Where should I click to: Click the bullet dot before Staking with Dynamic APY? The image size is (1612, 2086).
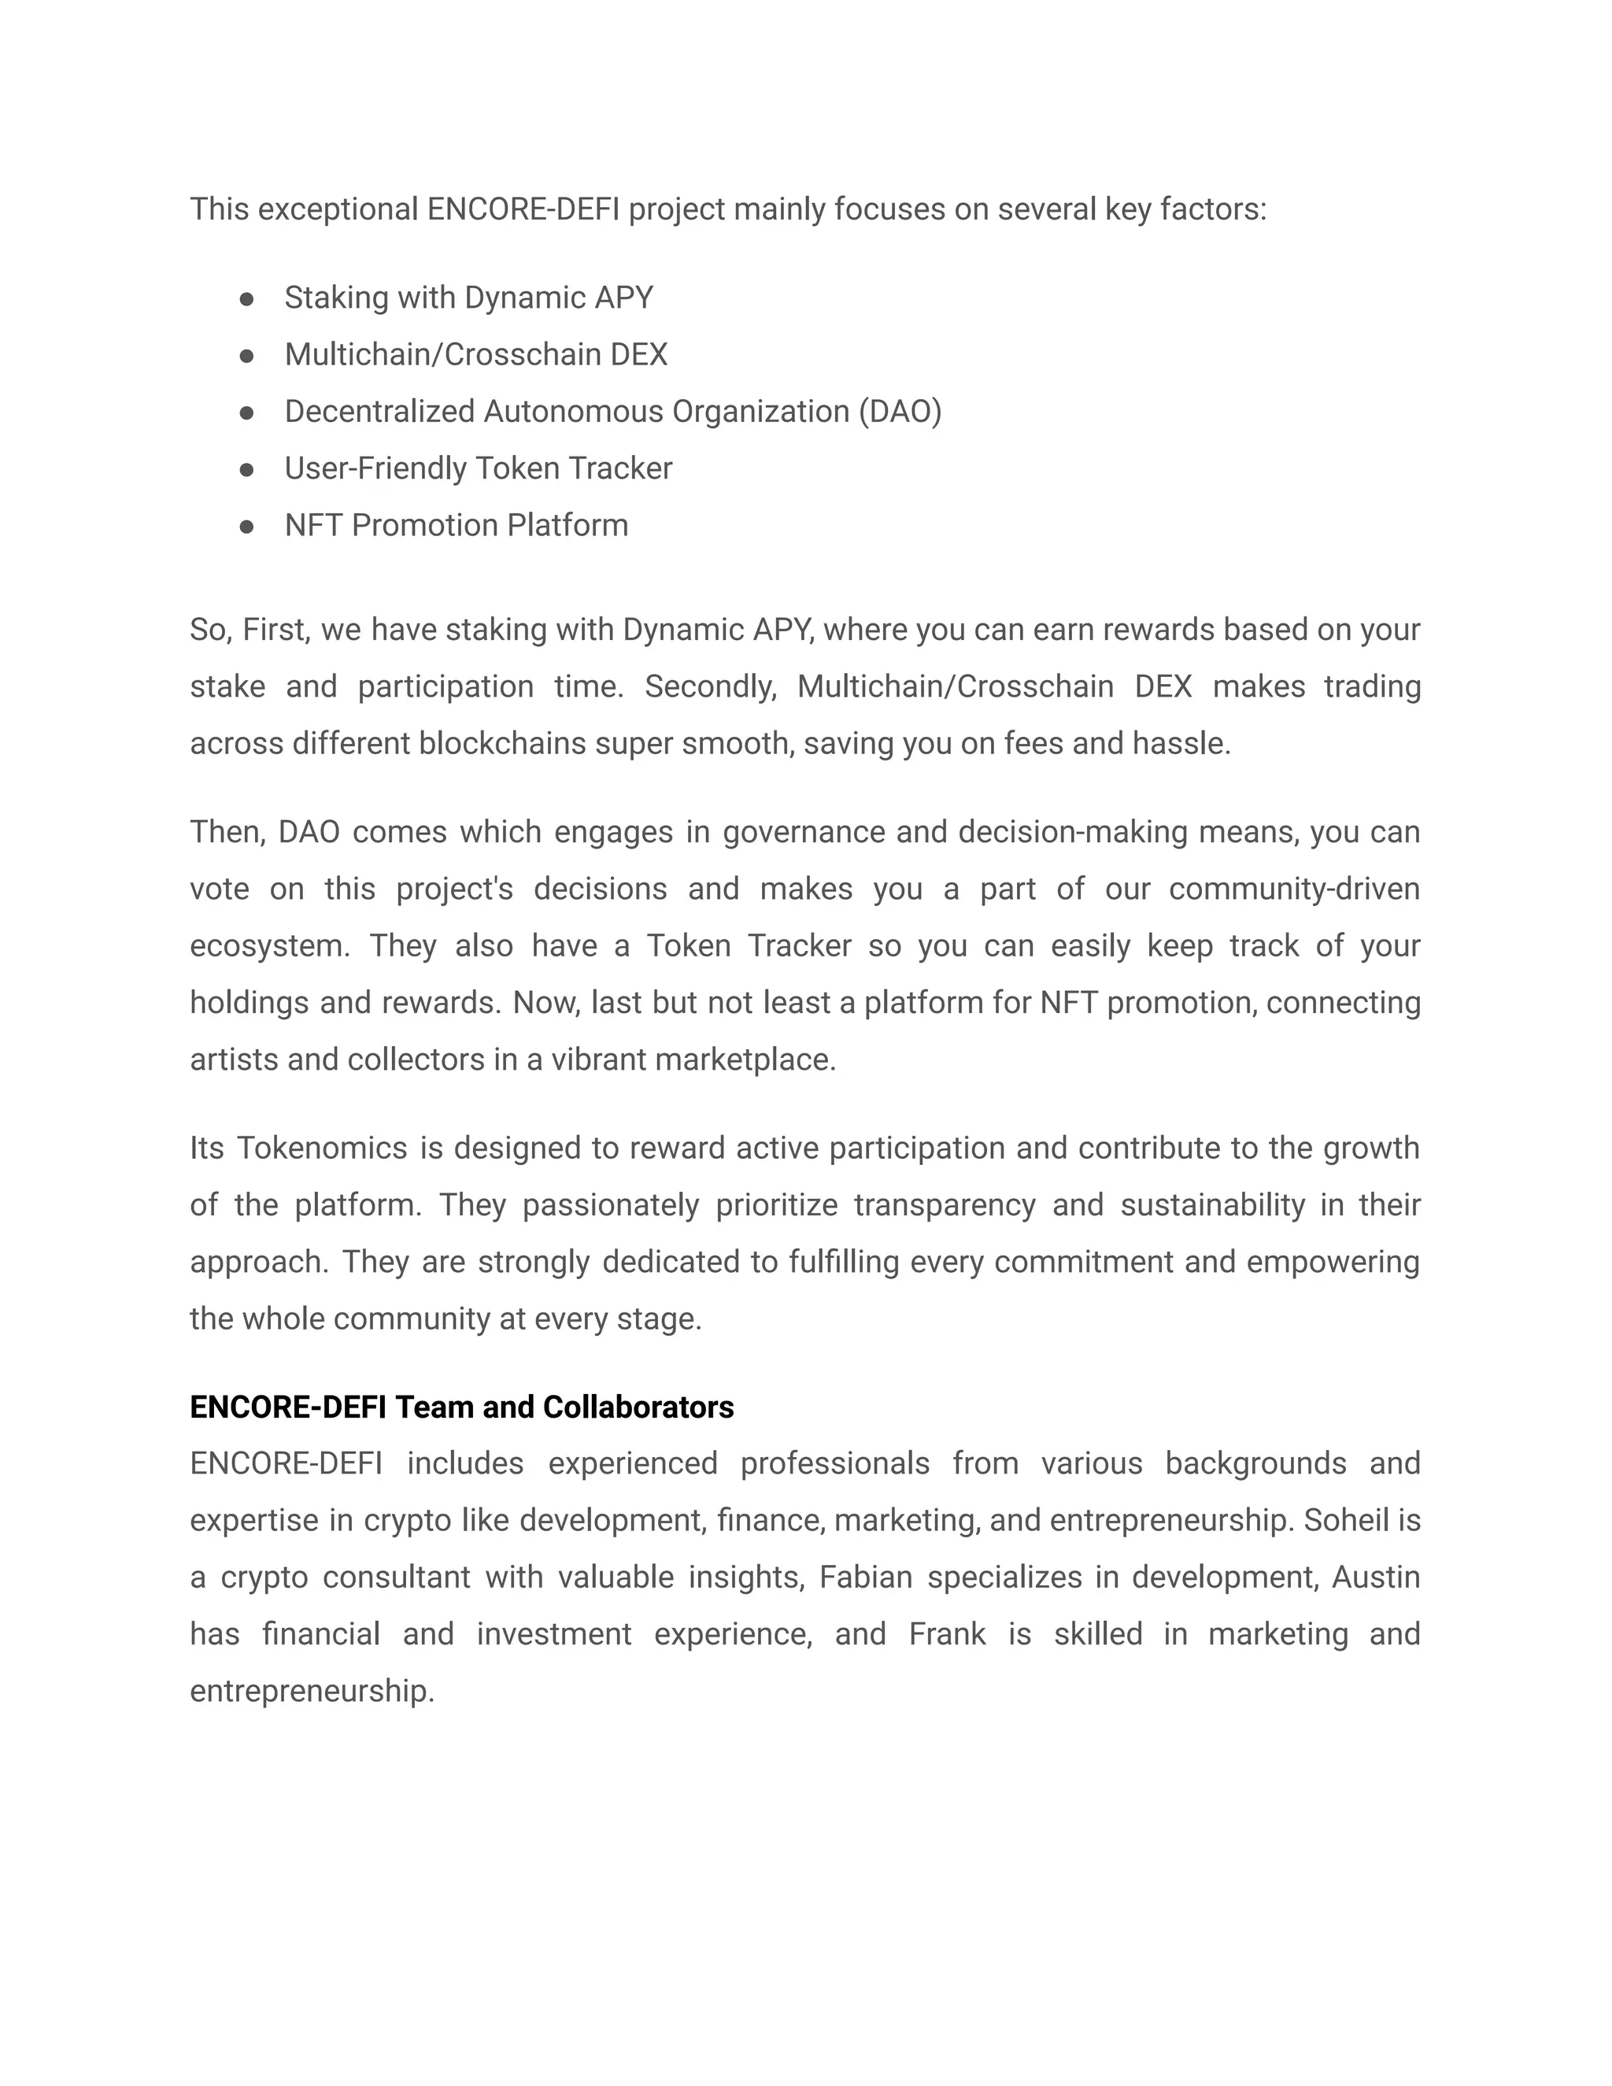coord(246,300)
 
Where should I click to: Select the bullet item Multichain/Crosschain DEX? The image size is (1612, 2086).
coord(475,354)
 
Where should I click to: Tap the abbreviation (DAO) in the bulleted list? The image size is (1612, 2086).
coord(899,412)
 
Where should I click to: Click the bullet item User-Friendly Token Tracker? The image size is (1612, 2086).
coord(478,468)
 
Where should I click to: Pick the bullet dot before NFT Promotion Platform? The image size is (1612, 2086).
coord(246,527)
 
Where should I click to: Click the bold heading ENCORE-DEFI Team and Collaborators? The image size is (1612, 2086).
coord(461,1407)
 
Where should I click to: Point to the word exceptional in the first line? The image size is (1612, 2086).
coord(338,209)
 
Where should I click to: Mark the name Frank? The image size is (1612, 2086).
coord(946,1634)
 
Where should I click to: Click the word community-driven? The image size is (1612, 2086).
coord(1294,890)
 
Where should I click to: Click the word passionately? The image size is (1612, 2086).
coord(610,1205)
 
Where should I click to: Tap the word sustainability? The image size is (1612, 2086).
coord(1212,1205)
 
